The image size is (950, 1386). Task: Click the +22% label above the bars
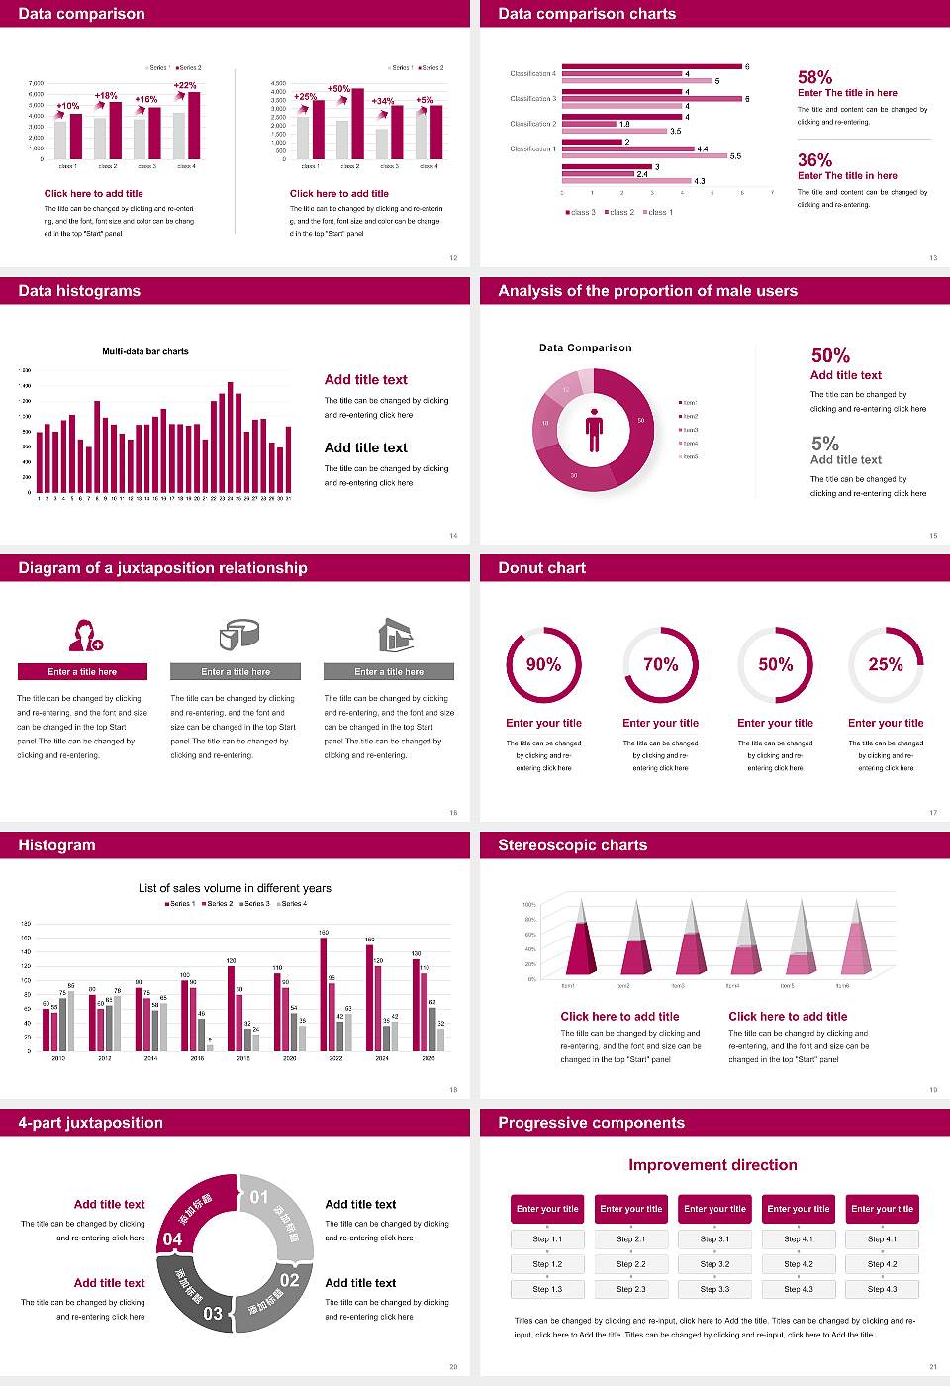(x=185, y=85)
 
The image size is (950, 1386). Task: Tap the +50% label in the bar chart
(x=338, y=88)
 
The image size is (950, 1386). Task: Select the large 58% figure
(x=814, y=77)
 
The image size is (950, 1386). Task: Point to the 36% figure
(x=814, y=160)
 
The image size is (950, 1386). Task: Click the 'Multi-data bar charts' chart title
(x=145, y=351)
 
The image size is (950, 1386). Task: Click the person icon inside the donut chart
(x=594, y=429)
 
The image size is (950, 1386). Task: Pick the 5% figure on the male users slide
(x=824, y=444)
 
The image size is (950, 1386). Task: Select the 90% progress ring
(x=543, y=664)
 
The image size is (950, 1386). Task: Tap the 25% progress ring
(x=885, y=664)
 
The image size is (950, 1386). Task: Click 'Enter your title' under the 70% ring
(x=660, y=723)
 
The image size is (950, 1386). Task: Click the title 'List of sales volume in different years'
(x=235, y=888)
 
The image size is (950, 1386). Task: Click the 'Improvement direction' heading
(x=712, y=1165)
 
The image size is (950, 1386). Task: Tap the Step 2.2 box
(x=631, y=1264)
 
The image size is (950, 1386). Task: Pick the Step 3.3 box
(x=714, y=1289)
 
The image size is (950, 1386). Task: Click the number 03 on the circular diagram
(x=213, y=1314)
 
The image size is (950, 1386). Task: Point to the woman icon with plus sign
(x=85, y=635)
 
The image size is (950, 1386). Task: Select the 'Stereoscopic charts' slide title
(x=572, y=845)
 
